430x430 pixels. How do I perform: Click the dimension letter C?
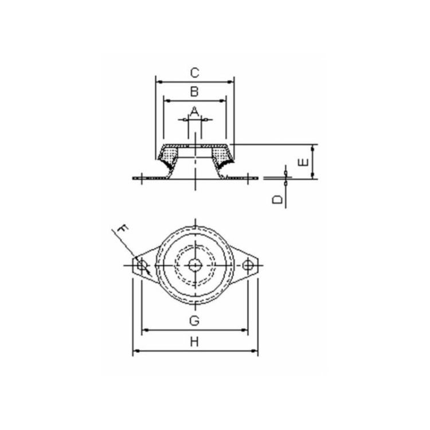pyautogui.click(x=194, y=73)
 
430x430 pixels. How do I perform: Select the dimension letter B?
pyautogui.click(x=194, y=92)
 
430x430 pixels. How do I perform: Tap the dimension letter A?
pyautogui.click(x=194, y=111)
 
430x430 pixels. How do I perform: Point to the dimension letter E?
pyautogui.click(x=303, y=162)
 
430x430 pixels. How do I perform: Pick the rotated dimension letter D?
pyautogui.click(x=277, y=200)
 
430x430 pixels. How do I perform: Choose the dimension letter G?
pyautogui.click(x=194, y=320)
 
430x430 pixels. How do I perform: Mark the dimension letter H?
pyautogui.click(x=194, y=342)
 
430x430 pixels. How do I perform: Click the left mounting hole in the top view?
pyautogui.click(x=142, y=265)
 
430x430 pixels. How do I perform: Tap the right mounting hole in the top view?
pyautogui.click(x=248, y=265)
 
